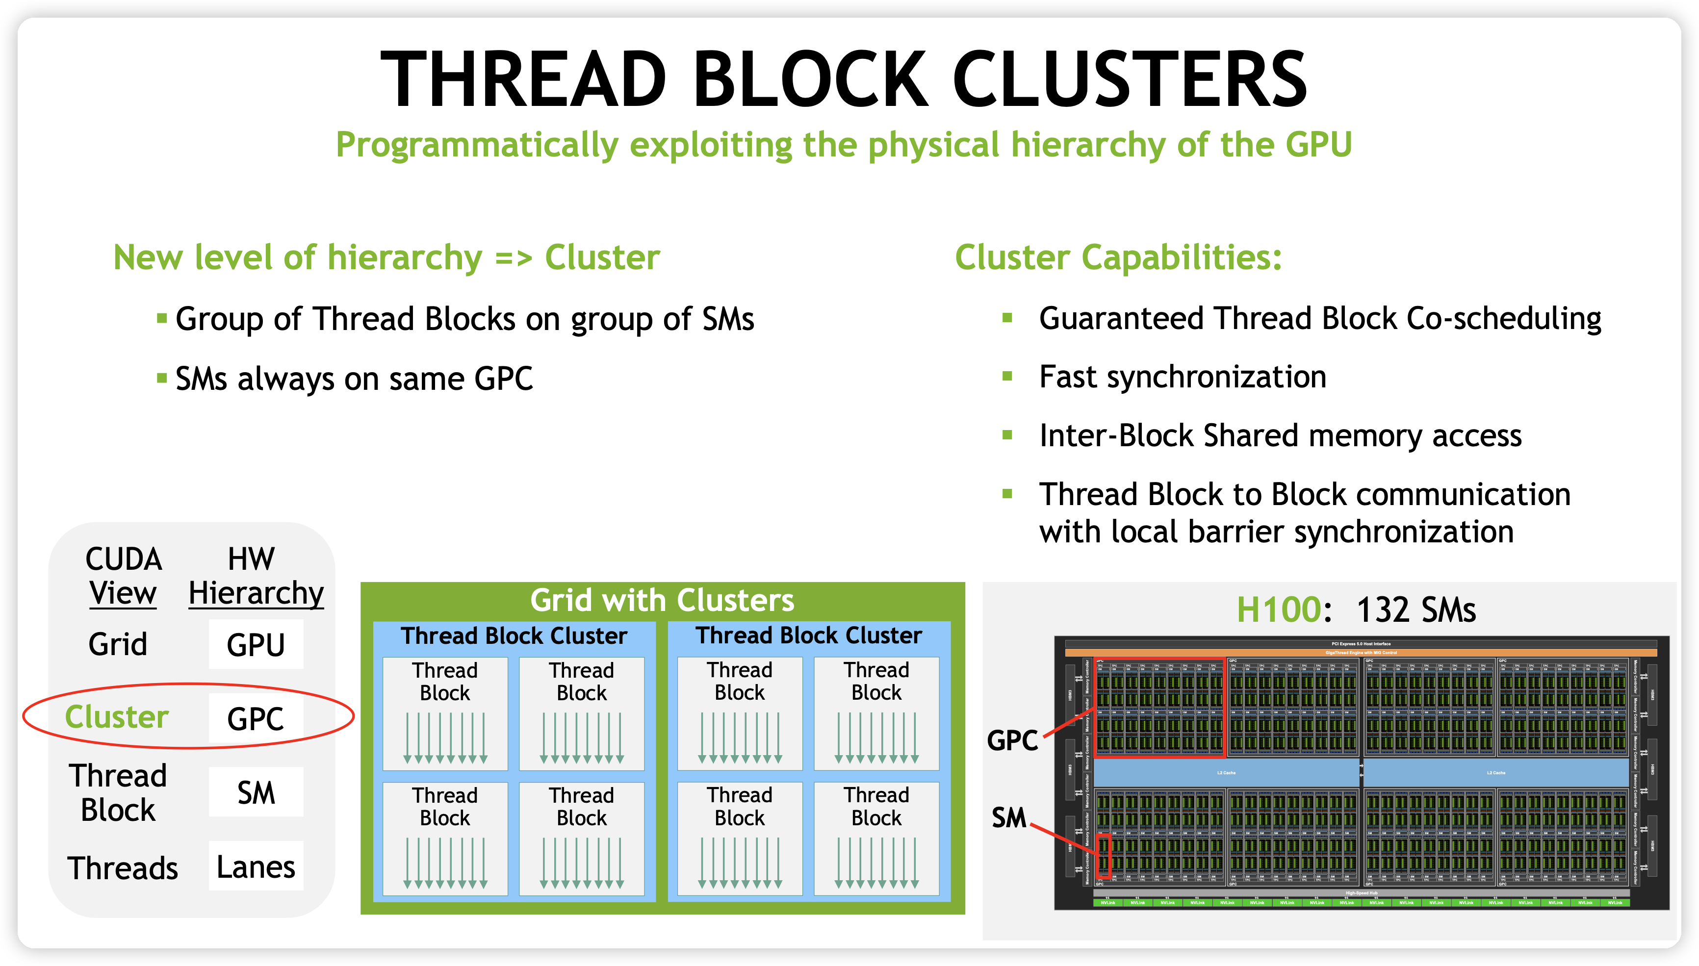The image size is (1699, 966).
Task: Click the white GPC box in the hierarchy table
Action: tap(256, 718)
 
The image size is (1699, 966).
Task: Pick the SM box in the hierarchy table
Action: tap(256, 792)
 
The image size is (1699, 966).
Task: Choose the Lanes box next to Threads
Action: tap(256, 866)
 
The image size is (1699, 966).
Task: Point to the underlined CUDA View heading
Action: tap(124, 576)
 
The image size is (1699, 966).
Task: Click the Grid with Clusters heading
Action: tap(662, 600)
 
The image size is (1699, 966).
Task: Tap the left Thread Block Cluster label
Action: tap(514, 636)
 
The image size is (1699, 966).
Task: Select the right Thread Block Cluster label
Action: tap(809, 636)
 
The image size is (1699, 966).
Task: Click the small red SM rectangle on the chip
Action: tap(1103, 856)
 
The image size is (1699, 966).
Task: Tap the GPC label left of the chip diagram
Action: tap(1012, 740)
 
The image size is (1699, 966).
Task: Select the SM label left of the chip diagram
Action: tap(1008, 817)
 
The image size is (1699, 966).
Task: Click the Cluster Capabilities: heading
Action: tap(1118, 257)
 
